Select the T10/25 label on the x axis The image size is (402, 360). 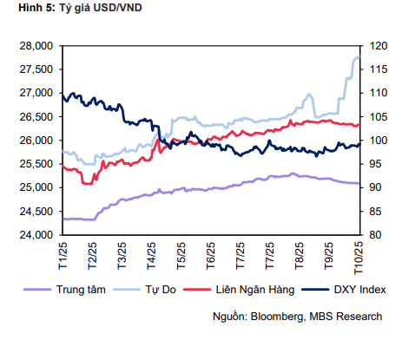pyautogui.click(x=356, y=256)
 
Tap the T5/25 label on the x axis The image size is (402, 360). pyautogui.click(x=181, y=254)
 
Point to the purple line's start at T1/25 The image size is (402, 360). pyautogui.click(x=63, y=219)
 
